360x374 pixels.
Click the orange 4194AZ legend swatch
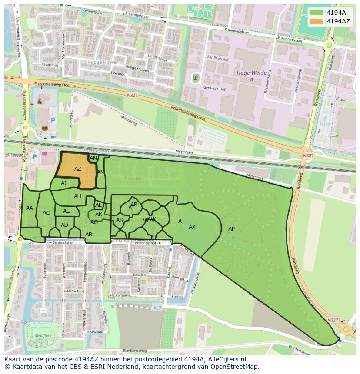point(317,21)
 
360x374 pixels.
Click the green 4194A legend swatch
point(317,13)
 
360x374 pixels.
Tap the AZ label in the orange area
point(78,169)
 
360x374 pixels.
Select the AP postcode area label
point(231,229)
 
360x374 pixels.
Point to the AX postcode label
point(192,227)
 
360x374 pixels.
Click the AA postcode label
point(30,208)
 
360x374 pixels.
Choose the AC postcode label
point(46,213)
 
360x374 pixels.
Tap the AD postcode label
point(64,225)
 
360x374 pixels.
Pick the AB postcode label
point(89,235)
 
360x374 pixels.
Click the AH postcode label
point(77,196)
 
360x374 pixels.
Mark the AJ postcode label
point(63,183)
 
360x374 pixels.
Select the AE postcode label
point(66,211)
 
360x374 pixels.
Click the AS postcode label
point(119,220)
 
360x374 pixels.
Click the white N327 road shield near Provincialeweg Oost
point(133,94)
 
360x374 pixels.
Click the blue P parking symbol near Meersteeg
point(53,121)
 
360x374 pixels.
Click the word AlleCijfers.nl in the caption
point(226,359)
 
